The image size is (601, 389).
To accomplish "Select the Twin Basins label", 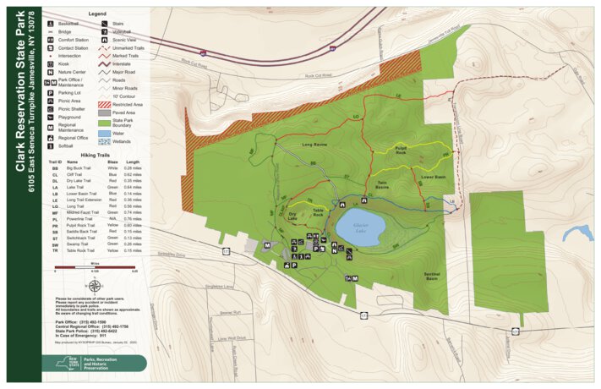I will (382, 185).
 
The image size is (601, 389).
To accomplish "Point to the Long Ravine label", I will (314, 145).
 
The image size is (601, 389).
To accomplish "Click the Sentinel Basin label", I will (432, 276).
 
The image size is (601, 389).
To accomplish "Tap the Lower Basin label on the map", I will (433, 178).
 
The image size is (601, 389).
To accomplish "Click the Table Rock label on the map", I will (318, 212).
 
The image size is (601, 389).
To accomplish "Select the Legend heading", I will (97, 14).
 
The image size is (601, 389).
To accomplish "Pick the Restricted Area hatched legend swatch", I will (105, 103).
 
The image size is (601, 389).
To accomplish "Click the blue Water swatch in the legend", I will (105, 134).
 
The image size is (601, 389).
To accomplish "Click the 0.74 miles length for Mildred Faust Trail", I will (133, 212).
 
